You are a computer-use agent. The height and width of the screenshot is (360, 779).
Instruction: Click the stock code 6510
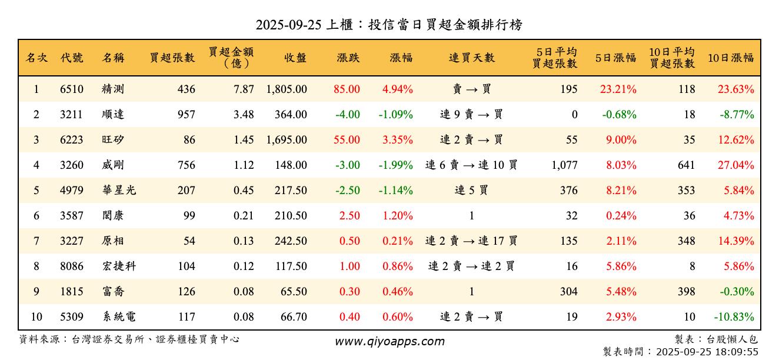pos(72,89)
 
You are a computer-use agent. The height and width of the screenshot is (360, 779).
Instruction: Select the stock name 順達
pos(113,115)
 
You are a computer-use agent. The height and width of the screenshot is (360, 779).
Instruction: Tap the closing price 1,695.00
pos(287,140)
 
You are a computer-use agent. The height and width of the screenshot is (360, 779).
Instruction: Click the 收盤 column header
pos(295,58)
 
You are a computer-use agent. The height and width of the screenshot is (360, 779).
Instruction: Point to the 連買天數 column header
pos(471,58)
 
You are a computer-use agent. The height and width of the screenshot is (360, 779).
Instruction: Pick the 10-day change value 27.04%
pos(735,165)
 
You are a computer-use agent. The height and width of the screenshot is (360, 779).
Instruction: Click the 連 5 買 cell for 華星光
pos(471,191)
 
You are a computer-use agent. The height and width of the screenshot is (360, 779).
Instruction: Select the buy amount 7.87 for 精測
pos(244,89)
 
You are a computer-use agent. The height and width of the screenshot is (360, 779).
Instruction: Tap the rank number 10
pos(36,317)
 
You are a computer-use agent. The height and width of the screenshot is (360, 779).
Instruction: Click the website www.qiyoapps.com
pos(389,342)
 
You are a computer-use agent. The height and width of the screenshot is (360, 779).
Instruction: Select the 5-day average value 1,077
pos(564,165)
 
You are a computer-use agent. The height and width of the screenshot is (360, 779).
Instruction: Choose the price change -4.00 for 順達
pos(347,115)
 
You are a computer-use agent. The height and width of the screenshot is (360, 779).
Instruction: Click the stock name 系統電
pos(119,317)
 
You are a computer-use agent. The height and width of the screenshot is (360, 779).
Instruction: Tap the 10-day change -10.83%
pos(734,317)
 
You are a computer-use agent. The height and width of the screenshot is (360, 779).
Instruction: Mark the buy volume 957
pos(186,115)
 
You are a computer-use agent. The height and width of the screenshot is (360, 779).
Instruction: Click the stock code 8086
pos(72,266)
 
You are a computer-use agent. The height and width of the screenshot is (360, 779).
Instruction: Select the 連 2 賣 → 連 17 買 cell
pos(471,241)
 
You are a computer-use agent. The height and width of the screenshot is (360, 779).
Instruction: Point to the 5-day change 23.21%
pos(618,89)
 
